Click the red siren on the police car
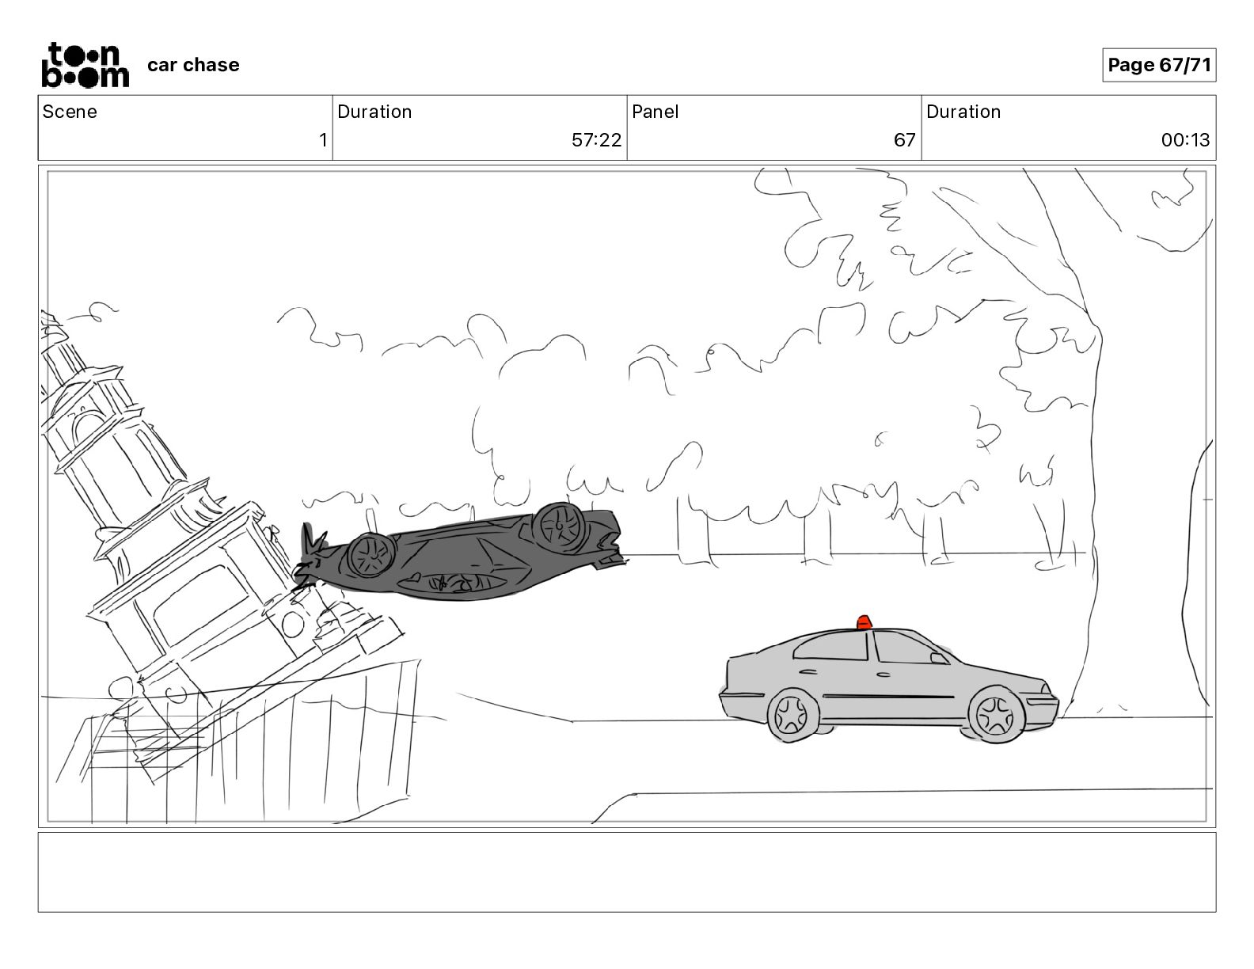point(864,622)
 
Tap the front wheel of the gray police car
point(995,716)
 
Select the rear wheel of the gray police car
point(792,715)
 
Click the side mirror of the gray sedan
point(939,659)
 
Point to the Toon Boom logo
point(85,65)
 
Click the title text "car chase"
point(193,65)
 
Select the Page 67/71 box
point(1159,65)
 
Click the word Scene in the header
point(70,112)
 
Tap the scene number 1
point(323,139)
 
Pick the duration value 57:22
point(596,139)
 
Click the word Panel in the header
point(655,112)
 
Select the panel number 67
point(904,139)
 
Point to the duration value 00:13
point(1185,139)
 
